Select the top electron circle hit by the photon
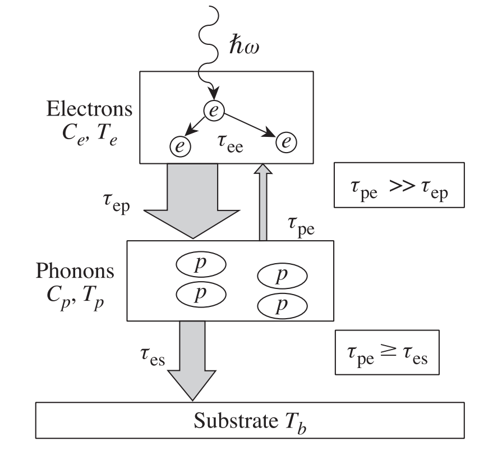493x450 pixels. (213, 110)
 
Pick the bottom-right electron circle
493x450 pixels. (286, 142)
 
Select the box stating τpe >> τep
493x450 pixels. (399, 192)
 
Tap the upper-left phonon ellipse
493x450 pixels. (201, 265)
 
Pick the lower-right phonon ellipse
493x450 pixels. (282, 306)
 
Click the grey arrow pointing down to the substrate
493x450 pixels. (192, 362)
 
